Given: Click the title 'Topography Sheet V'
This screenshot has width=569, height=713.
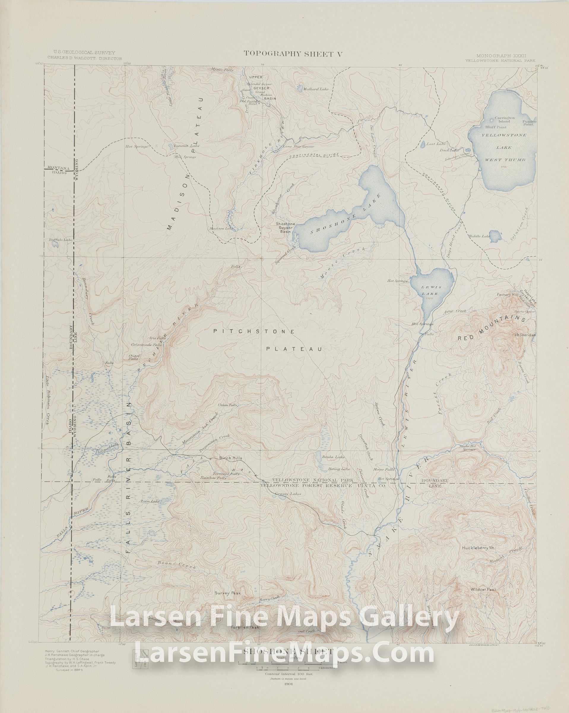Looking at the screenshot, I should [x=293, y=54].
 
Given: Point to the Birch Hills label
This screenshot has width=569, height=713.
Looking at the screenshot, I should [x=231, y=458].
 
